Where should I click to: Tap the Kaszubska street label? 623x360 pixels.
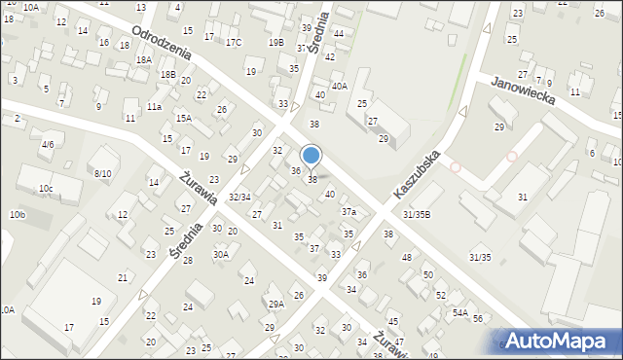pos(418,175)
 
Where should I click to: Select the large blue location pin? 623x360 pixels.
pos(311,156)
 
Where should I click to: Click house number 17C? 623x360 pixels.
pos(233,43)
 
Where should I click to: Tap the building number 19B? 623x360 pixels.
pos(276,43)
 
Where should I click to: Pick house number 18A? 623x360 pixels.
pos(144,60)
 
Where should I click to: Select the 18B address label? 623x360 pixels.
pos(168,74)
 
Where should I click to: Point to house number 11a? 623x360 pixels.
pos(154,106)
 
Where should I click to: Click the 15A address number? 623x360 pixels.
pos(183,118)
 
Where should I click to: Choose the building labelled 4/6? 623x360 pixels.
pos(47,144)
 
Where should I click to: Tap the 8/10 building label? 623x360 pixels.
pos(102,173)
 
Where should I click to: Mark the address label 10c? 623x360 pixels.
pos(46,188)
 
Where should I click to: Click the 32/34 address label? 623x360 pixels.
pos(239,198)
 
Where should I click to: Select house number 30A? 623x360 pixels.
pos(221,255)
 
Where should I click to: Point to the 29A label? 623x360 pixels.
pos(276,304)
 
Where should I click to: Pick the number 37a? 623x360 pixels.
pos(348,212)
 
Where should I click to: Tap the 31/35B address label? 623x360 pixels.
pos(417,214)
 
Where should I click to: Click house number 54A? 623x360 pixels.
pos(459,312)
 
